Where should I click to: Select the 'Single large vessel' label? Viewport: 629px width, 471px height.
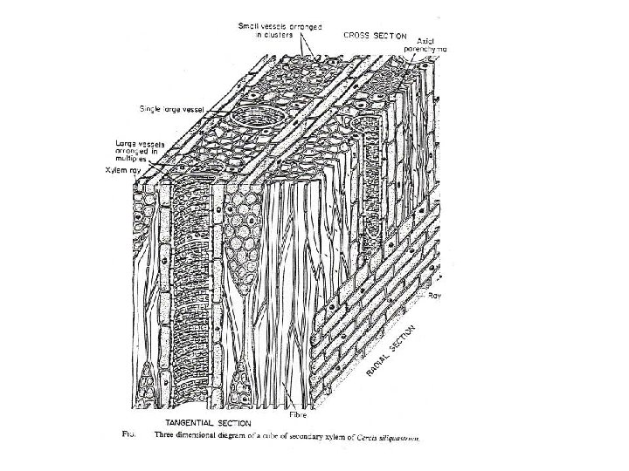tap(171, 109)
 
